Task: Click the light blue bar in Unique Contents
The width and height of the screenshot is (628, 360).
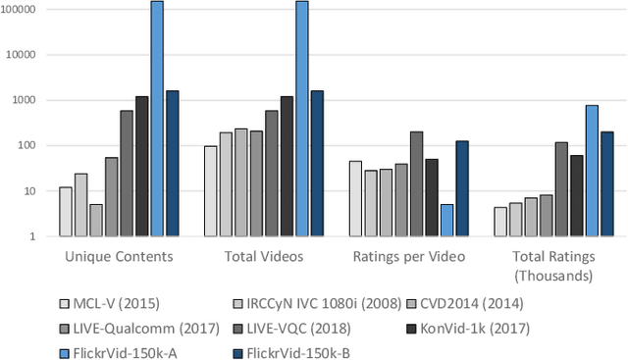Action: coord(157,118)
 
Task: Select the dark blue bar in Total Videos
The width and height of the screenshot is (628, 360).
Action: coord(317,163)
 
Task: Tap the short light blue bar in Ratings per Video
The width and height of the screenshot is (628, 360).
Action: coord(446,221)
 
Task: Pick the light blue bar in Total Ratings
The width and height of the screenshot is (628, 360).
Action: coord(592,171)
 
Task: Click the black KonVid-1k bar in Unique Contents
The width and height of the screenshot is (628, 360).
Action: coord(141,166)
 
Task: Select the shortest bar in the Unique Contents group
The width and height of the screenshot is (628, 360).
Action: coord(96,220)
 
